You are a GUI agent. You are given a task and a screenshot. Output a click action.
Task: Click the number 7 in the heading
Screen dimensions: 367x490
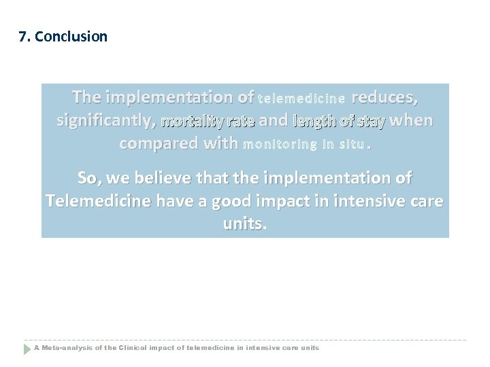23,37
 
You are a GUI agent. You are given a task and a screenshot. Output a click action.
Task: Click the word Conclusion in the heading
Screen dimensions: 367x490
71,37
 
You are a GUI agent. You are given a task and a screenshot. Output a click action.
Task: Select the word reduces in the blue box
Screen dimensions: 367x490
385,98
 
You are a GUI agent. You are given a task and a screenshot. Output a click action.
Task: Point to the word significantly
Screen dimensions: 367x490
103,122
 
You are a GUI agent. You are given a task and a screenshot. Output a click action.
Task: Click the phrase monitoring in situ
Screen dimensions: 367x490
304,144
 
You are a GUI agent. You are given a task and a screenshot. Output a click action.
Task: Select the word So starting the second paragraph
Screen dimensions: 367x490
89,178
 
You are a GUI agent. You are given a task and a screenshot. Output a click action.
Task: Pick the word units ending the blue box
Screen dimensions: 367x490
245,225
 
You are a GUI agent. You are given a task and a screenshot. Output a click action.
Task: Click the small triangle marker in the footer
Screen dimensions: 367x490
28,349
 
